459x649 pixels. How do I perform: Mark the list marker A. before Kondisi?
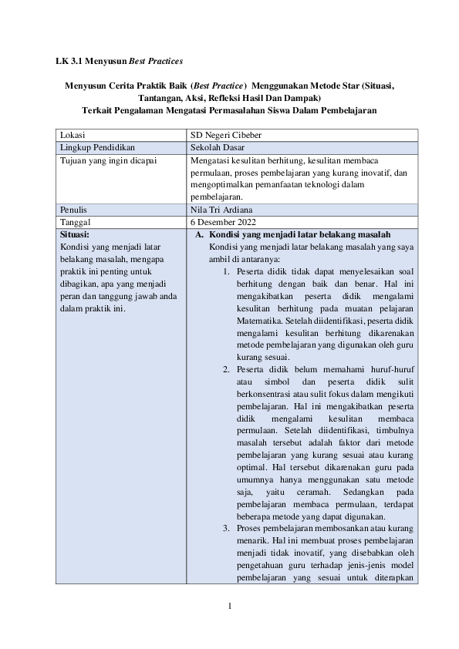(199, 234)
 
